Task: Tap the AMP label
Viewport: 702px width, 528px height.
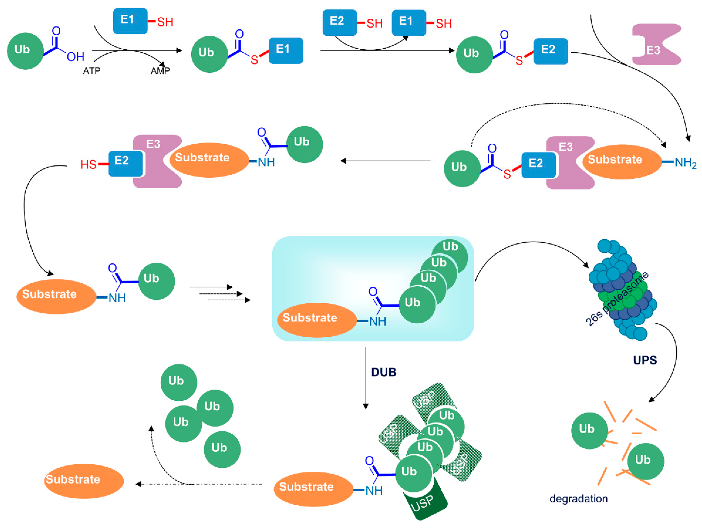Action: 160,70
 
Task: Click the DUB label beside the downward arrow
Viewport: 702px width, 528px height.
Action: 384,372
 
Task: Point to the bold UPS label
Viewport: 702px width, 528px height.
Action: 645,360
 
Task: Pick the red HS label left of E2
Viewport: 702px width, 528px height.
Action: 88,165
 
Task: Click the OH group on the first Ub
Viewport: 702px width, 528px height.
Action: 76,57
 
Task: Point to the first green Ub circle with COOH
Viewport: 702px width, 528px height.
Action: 25,51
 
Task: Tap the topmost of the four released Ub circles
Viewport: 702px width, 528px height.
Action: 179,382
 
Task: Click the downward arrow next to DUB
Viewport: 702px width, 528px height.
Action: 366,378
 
